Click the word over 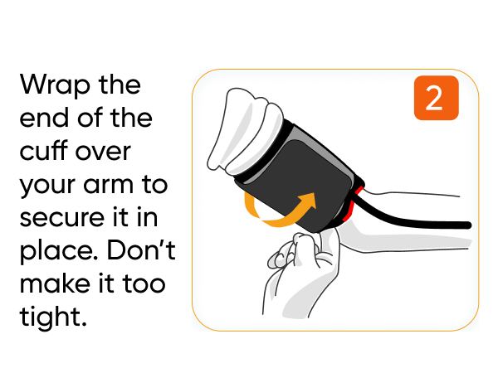[x=112, y=152]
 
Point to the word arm [x=110, y=185]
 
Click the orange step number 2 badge [x=433, y=99]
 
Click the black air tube [x=423, y=223]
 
